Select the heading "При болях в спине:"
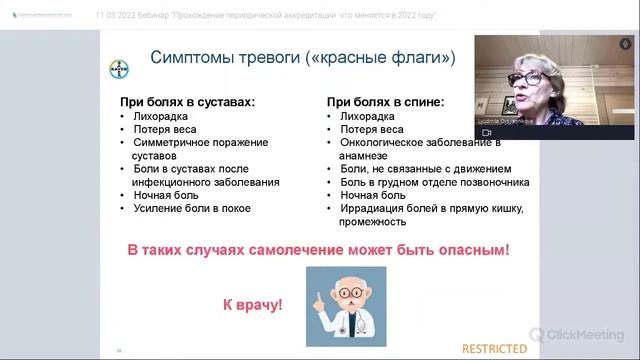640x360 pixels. click(385, 102)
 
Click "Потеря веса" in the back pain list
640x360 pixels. click(371, 130)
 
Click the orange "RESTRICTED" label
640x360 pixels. click(494, 348)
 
